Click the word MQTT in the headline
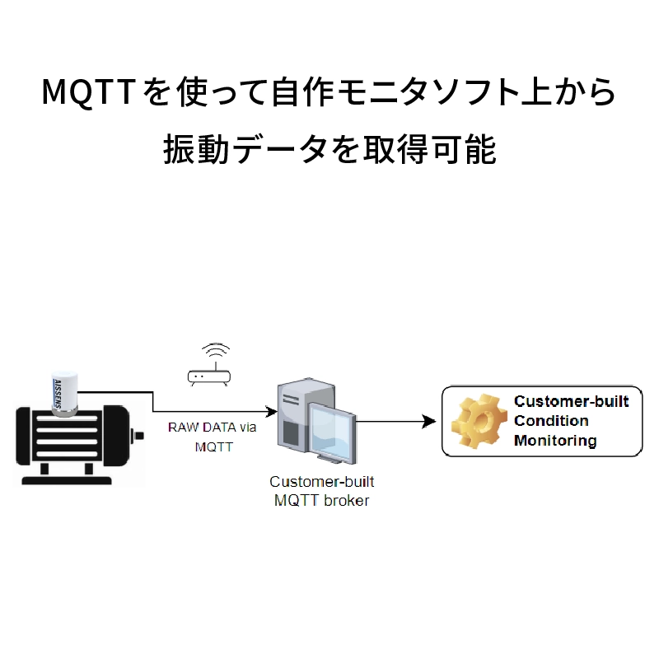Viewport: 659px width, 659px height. point(88,91)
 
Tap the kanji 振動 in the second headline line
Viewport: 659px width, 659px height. point(196,149)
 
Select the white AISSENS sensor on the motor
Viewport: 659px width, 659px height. point(64,393)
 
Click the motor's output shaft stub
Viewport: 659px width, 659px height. point(138,436)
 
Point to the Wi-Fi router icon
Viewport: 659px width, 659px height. point(209,377)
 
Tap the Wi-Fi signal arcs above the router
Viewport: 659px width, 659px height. point(216,351)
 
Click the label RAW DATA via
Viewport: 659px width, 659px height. point(213,428)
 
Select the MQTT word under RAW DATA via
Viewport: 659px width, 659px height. point(214,446)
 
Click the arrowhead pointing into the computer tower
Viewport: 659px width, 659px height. point(271,411)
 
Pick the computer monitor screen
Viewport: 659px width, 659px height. point(332,432)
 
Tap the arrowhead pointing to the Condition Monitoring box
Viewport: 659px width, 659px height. point(429,421)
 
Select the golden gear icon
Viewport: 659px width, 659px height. point(479,421)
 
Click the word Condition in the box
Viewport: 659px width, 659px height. point(551,421)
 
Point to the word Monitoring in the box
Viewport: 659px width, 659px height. point(555,441)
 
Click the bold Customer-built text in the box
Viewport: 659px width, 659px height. point(571,401)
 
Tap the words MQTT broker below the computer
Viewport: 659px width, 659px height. point(321,501)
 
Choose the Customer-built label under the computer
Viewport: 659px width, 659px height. point(321,482)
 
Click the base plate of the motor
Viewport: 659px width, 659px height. point(67,480)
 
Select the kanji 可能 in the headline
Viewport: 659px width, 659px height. point(464,149)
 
